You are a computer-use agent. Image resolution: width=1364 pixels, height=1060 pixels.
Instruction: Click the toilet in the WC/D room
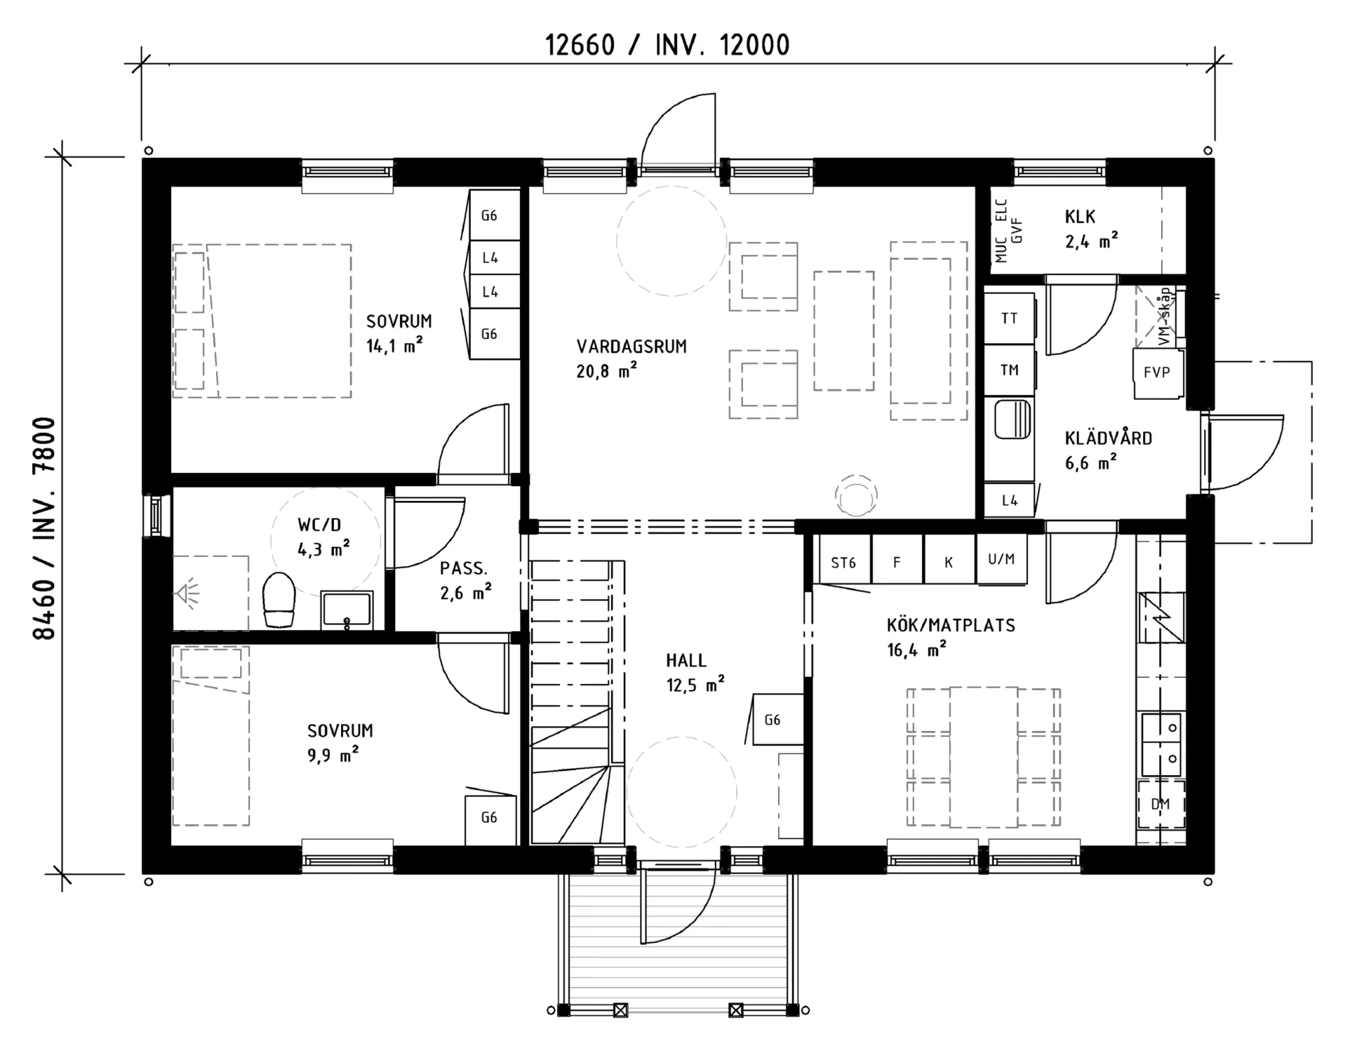(278, 600)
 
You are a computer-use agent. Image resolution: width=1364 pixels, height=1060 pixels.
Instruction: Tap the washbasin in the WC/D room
(347, 610)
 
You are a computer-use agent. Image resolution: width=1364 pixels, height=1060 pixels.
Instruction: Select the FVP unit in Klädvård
(1157, 373)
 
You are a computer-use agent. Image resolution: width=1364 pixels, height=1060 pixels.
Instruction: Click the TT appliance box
(1009, 318)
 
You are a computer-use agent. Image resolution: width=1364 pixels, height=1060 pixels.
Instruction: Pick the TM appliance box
(1009, 370)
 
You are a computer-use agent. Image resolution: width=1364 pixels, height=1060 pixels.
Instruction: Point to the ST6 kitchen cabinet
(843, 563)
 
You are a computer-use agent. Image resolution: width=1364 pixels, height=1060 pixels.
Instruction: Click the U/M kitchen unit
(1001, 560)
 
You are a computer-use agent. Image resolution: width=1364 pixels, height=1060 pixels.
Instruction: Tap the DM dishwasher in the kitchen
(1161, 804)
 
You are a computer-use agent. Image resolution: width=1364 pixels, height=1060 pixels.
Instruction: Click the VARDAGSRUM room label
(632, 347)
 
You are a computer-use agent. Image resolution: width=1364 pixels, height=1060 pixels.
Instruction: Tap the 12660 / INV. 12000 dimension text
(667, 45)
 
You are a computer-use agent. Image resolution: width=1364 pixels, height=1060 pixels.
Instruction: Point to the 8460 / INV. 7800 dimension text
(44, 529)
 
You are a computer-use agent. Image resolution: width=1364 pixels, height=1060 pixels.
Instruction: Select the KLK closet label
(1080, 217)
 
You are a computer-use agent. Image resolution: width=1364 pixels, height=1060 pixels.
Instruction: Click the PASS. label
(463, 568)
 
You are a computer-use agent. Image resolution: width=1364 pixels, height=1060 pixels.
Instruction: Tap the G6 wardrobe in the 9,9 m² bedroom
(489, 818)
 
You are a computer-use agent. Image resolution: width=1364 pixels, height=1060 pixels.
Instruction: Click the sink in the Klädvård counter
(1012, 419)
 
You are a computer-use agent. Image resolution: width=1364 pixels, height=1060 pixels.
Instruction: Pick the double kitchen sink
(1162, 744)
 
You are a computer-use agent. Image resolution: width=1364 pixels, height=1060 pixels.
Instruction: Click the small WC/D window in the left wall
(156, 515)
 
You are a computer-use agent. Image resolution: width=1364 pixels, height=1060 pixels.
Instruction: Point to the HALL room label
(686, 661)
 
